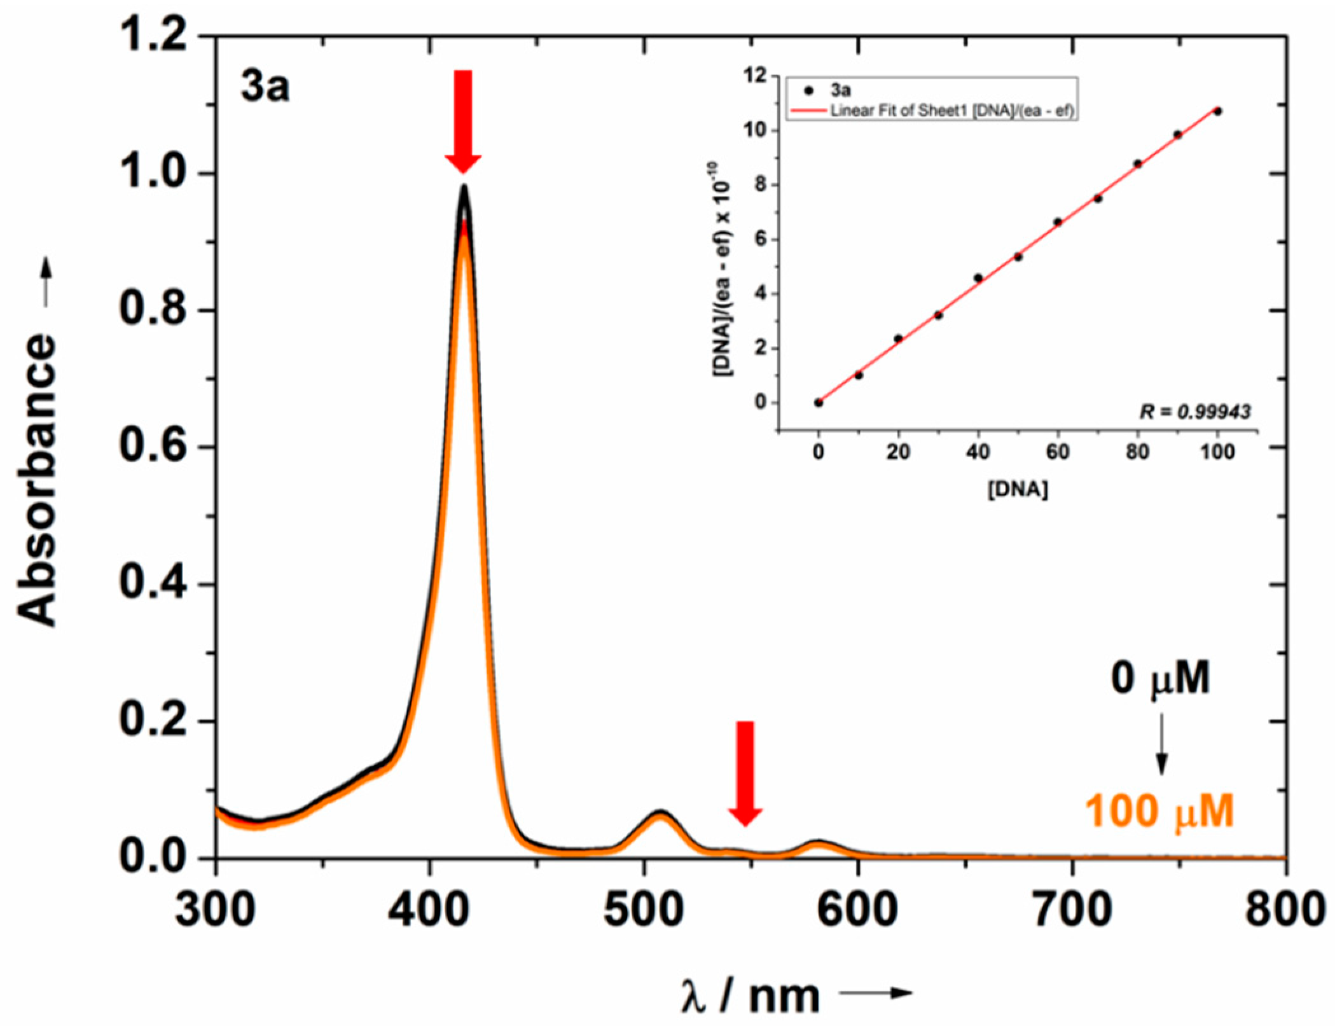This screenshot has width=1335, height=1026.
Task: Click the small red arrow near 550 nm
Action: pos(745,773)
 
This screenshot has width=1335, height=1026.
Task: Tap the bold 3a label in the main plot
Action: pos(265,88)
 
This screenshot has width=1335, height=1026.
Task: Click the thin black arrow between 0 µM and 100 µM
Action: pos(1161,744)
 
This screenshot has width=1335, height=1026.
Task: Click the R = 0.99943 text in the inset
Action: pos(1194,412)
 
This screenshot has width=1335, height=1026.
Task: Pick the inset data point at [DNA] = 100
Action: pos(1217,111)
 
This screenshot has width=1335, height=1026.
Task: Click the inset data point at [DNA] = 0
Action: pos(819,403)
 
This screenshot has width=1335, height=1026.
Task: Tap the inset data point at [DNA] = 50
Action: pos(1018,257)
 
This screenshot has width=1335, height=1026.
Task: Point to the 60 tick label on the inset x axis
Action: pos(1057,452)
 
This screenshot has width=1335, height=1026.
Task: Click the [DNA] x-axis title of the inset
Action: pos(1018,490)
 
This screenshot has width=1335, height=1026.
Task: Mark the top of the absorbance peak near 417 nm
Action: pos(464,186)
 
